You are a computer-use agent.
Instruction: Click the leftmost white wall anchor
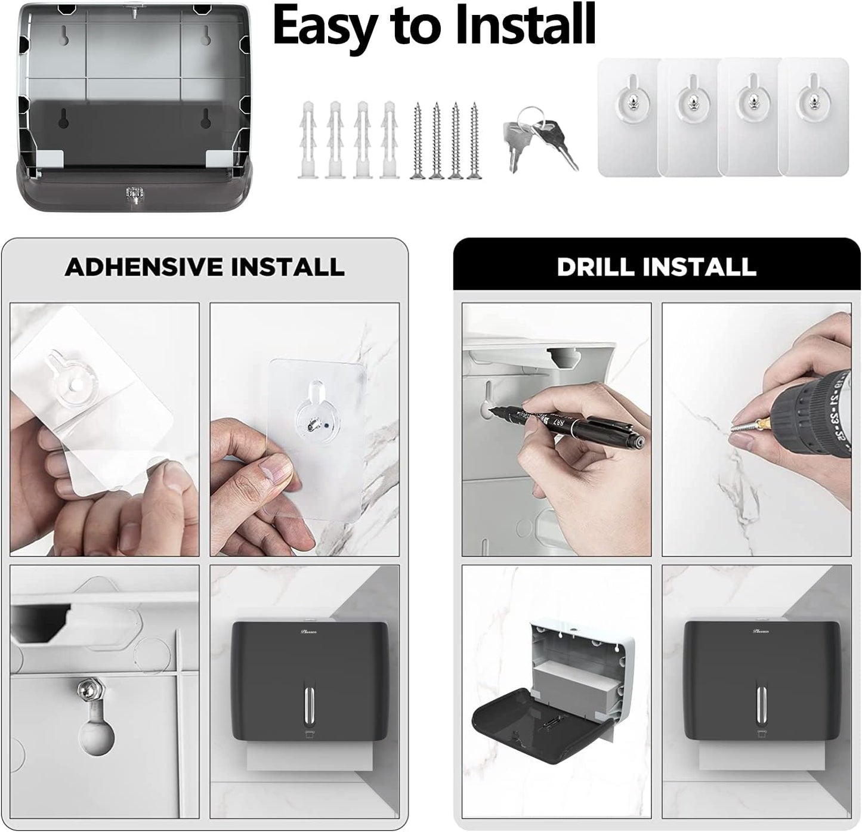(x=307, y=140)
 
